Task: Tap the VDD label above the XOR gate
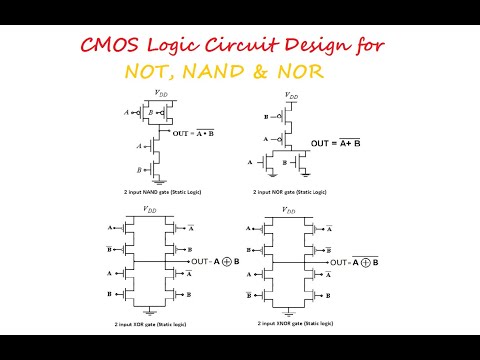click(x=150, y=210)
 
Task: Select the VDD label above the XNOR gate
click(x=290, y=210)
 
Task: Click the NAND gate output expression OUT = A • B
click(x=196, y=131)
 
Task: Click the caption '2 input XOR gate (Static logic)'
click(x=150, y=323)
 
